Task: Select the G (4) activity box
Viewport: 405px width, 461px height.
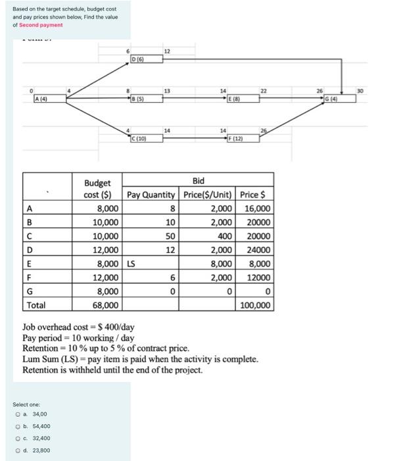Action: pos(345,99)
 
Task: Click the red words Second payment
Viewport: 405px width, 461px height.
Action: pos(41,25)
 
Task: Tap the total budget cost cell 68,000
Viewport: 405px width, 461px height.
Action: pos(106,305)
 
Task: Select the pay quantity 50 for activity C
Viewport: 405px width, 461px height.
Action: pos(170,236)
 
